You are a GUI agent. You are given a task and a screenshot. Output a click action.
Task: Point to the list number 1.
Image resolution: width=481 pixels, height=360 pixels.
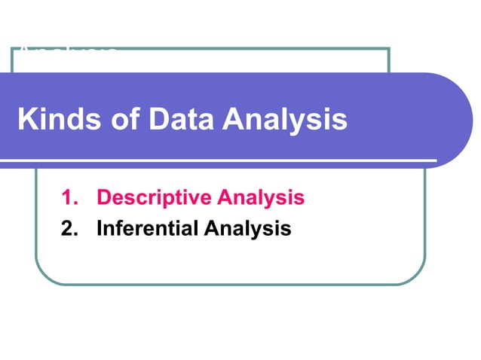tap(69, 198)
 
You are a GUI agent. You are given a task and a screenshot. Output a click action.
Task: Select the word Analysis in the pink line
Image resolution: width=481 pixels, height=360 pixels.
tap(260, 198)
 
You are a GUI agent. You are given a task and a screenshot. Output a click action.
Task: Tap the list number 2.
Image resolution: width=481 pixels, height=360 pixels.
tap(69, 227)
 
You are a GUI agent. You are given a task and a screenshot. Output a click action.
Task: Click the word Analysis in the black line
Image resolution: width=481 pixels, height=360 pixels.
tap(247, 227)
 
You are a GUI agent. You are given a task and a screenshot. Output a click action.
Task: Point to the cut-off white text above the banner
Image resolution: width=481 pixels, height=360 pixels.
tap(68, 52)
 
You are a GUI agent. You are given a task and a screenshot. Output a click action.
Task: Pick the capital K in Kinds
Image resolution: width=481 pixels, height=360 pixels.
tap(24, 120)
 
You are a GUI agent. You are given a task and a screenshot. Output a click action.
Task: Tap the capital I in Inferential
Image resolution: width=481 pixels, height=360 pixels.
tap(100, 227)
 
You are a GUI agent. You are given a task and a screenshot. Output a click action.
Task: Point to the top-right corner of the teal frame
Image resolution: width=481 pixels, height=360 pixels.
tap(388, 50)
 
